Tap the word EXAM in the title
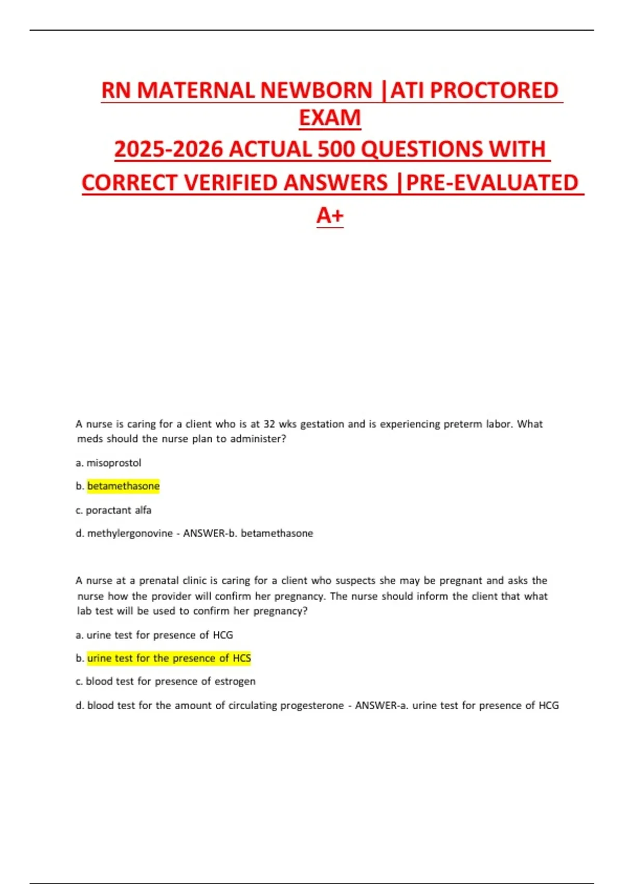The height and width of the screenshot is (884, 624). pos(330,118)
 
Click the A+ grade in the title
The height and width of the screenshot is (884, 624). pos(330,215)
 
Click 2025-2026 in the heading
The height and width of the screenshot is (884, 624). pos(168,150)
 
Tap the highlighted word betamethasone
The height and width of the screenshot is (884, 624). pos(123,486)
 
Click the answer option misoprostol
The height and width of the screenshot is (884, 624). pos(113,463)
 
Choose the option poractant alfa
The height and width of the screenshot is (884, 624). pos(119,510)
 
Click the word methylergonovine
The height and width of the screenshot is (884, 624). pos(129,534)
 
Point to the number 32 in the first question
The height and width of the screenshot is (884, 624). pos(269,424)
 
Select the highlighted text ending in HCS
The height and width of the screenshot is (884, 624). pos(169,658)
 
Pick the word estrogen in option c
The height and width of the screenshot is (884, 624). pos(235,681)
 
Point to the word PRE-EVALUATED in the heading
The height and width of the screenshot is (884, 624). pos(492,183)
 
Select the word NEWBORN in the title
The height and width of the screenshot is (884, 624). pos(316,90)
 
